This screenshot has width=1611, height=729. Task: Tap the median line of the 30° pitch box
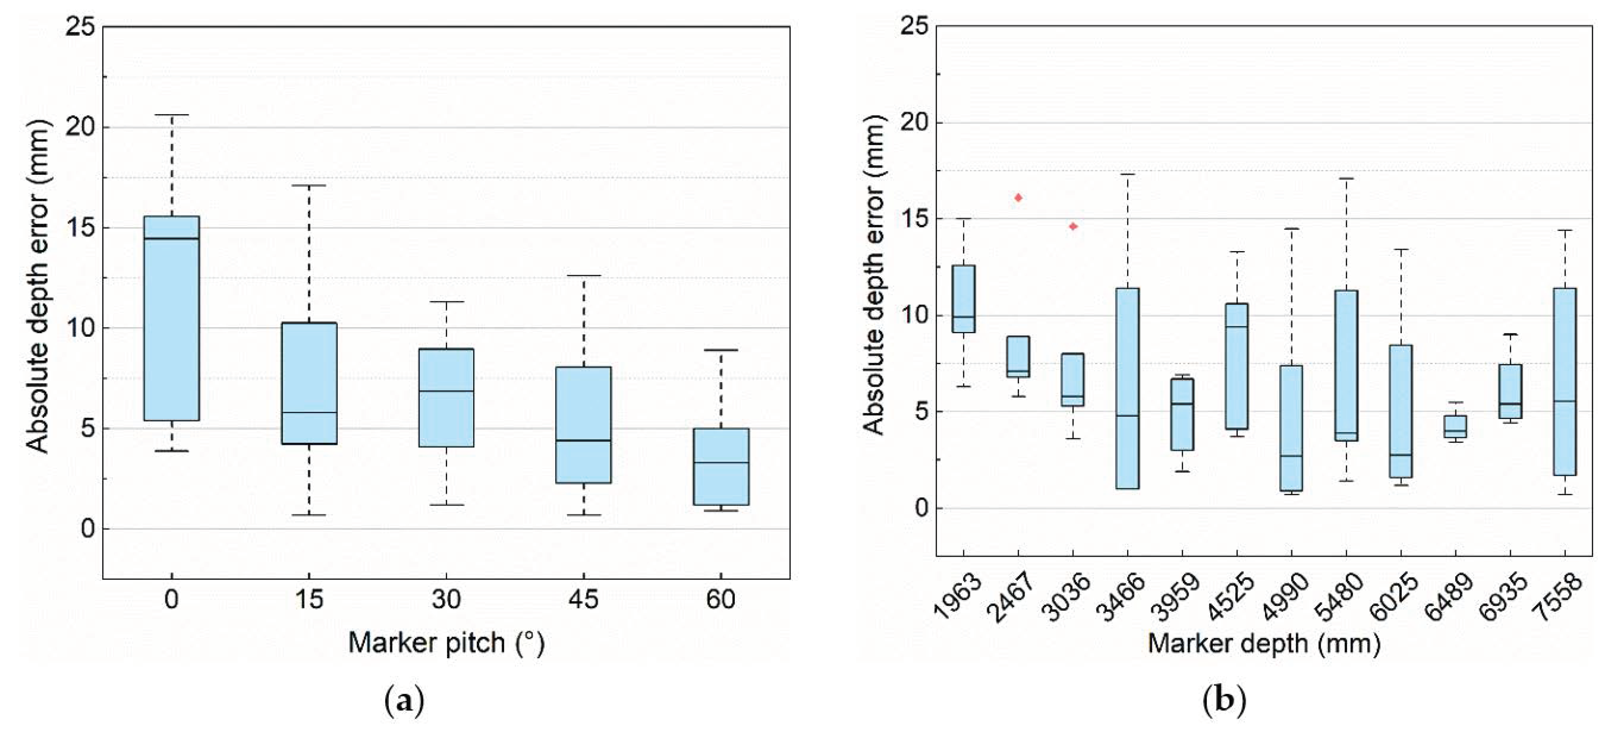(446, 391)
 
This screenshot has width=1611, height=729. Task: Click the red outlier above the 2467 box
(1018, 198)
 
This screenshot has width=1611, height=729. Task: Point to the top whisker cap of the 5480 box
(1346, 178)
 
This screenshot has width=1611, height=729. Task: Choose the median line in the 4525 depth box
(1236, 327)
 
